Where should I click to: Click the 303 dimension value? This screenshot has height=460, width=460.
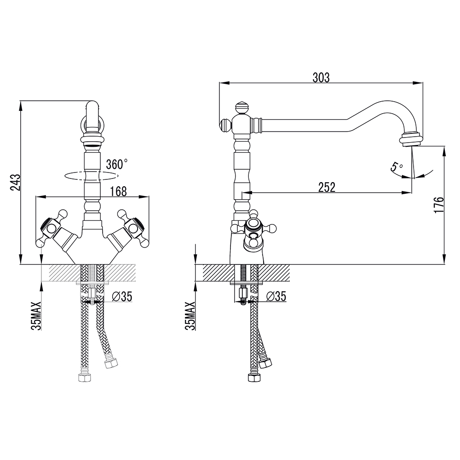pyautogui.click(x=321, y=78)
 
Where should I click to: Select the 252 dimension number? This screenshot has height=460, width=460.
pyautogui.click(x=327, y=187)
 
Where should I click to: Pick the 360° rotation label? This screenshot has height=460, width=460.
pyautogui.click(x=116, y=164)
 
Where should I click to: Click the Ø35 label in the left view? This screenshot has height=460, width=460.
pyautogui.click(x=122, y=297)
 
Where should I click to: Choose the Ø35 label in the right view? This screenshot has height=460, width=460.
pyautogui.click(x=276, y=297)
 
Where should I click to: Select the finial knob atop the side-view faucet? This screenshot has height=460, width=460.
pyautogui.click(x=241, y=108)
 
